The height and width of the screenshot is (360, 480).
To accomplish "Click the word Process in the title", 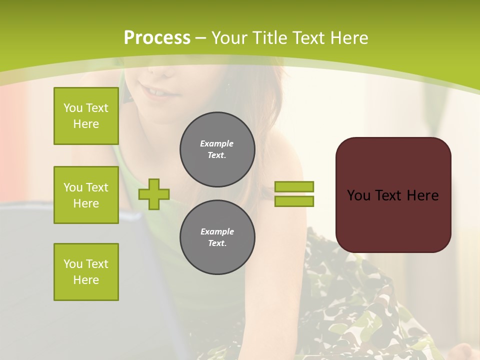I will (x=157, y=38).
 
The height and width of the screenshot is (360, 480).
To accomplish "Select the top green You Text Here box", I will (x=86, y=116).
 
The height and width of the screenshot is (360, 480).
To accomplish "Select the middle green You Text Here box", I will (x=86, y=195).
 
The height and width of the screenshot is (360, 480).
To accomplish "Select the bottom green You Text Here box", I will (x=86, y=272).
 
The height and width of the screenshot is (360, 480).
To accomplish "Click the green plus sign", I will (x=154, y=194).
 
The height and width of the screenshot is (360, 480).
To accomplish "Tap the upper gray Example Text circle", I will (x=217, y=149).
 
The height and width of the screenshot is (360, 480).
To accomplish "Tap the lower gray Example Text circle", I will (x=217, y=237).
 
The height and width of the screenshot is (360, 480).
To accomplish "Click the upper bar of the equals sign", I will (x=294, y=186).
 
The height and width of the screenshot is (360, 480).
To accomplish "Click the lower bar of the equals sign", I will (x=294, y=201).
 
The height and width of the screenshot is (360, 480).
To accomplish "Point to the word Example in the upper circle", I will (x=217, y=143).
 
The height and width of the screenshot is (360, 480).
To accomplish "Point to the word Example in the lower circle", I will (x=217, y=231).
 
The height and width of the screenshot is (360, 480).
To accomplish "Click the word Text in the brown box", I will (x=388, y=195).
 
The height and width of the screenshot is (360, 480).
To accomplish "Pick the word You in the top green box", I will (x=72, y=108).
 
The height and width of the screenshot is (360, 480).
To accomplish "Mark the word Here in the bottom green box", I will (x=86, y=280).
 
